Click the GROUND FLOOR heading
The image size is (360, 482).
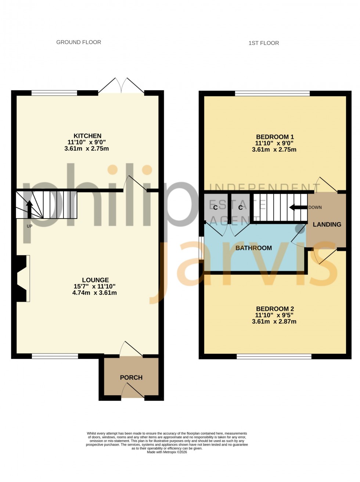click(79, 42)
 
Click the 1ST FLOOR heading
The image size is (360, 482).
click(264, 43)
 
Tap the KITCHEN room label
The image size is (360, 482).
click(87, 136)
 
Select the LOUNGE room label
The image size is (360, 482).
click(95, 280)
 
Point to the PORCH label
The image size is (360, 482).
click(131, 378)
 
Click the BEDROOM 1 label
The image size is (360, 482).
click(275, 137)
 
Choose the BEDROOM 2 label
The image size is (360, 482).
click(275, 309)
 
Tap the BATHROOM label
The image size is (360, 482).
click(253, 248)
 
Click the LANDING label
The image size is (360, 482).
click(327, 224)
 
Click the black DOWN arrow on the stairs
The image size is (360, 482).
click(298, 208)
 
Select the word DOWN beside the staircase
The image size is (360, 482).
click(315, 208)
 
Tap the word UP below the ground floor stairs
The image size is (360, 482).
click(29, 226)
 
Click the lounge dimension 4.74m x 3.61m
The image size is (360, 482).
click(94, 293)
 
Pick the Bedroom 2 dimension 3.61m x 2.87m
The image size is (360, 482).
click(274, 321)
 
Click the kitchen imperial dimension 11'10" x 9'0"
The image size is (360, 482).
click(87, 142)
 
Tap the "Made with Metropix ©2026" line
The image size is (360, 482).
click(167, 452)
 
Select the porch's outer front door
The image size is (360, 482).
click(133, 391)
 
